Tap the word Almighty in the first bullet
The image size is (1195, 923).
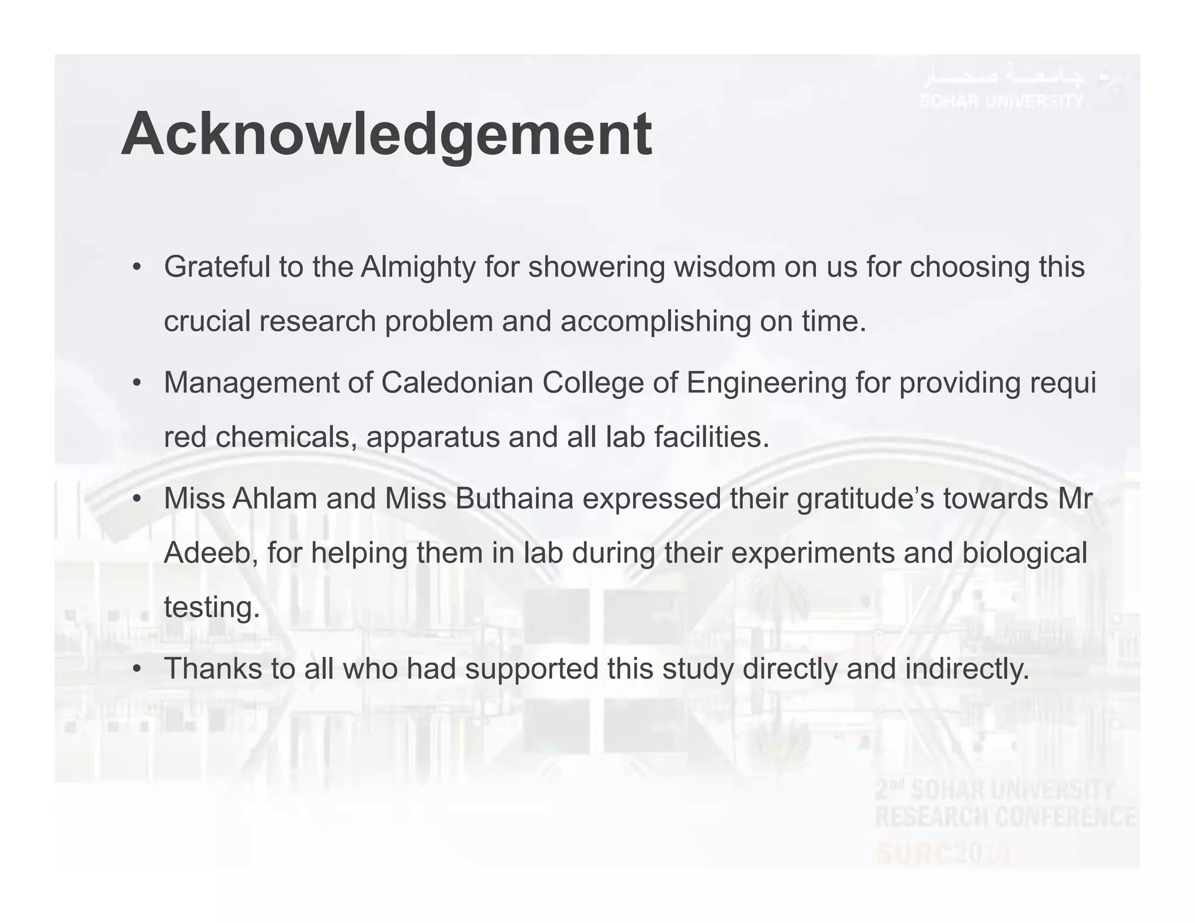pyautogui.click(x=418, y=267)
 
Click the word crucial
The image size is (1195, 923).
pyautogui.click(x=207, y=321)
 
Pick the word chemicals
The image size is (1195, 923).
pyautogui.click(x=286, y=437)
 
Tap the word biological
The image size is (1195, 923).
pyautogui.click(x=1025, y=553)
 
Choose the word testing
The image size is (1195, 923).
pyautogui.click(x=211, y=607)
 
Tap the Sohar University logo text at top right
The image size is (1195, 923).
pyautogui.click(x=1002, y=101)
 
